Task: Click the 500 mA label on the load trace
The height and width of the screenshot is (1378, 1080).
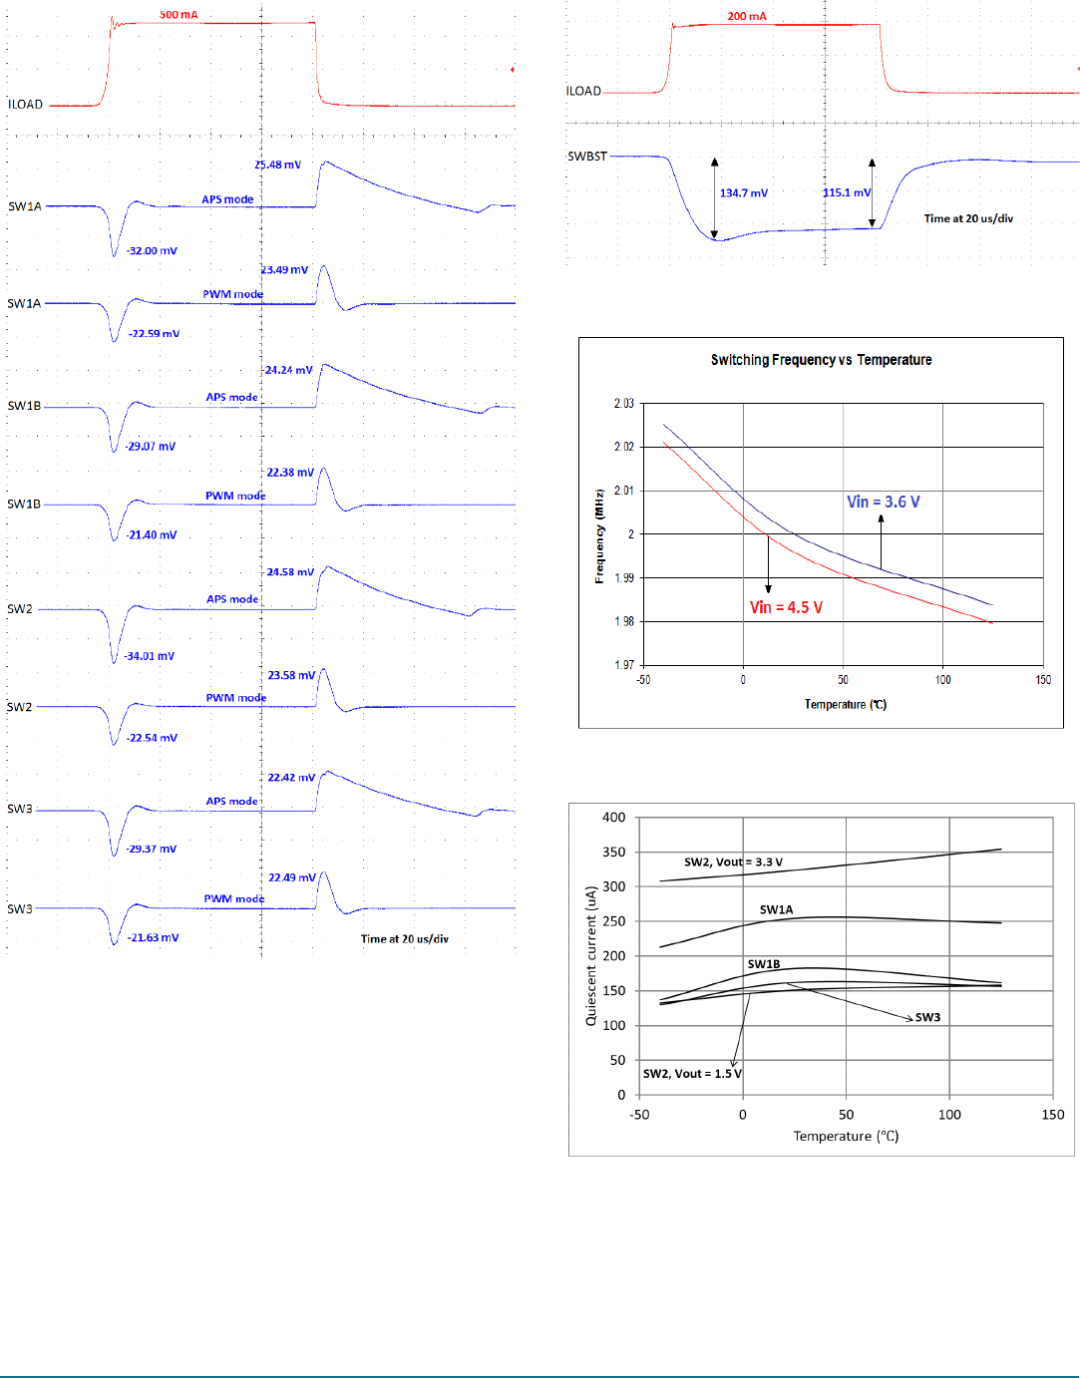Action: pyautogui.click(x=179, y=15)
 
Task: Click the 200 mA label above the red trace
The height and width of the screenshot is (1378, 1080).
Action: pyautogui.click(x=747, y=16)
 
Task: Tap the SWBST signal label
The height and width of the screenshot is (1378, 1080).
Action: pyautogui.click(x=587, y=157)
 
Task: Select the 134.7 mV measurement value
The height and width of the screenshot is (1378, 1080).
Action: pyautogui.click(x=744, y=193)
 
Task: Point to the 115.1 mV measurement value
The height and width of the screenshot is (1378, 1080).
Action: pyautogui.click(x=847, y=192)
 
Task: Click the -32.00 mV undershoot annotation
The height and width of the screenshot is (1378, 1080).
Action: pyautogui.click(x=152, y=251)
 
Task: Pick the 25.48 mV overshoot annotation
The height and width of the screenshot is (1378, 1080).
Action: pyautogui.click(x=277, y=165)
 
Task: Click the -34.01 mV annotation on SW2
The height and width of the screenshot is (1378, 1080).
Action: pyautogui.click(x=150, y=656)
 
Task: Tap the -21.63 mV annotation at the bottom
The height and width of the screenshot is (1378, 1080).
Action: pyautogui.click(x=154, y=937)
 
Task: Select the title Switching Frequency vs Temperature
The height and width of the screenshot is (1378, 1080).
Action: pyautogui.click(x=821, y=360)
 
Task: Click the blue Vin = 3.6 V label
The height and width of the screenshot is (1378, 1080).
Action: pyautogui.click(x=883, y=502)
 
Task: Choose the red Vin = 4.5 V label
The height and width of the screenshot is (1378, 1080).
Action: pyautogui.click(x=786, y=607)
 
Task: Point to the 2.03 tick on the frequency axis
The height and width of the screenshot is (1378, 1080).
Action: pyautogui.click(x=623, y=404)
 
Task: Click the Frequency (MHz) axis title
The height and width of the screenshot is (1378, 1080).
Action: pyautogui.click(x=599, y=535)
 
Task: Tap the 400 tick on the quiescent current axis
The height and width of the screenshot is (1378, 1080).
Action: pyautogui.click(x=614, y=818)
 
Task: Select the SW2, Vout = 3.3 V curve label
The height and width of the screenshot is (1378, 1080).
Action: pyautogui.click(x=733, y=861)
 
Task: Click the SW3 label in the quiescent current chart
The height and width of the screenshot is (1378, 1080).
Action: pyautogui.click(x=927, y=1017)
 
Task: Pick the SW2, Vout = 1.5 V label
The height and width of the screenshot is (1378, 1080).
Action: pyautogui.click(x=692, y=1074)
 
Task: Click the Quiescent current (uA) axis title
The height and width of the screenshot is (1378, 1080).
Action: pyautogui.click(x=590, y=955)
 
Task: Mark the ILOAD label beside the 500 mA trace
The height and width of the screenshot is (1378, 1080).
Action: pyautogui.click(x=26, y=104)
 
